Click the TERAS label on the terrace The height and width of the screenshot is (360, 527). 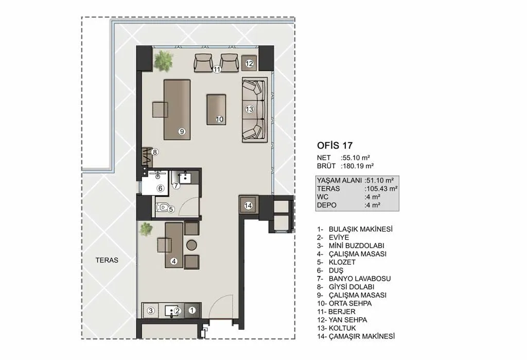pyautogui.click(x=107, y=260)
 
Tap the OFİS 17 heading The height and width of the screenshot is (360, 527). pyautogui.click(x=335, y=146)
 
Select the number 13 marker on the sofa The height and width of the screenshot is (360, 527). pyautogui.click(x=249, y=109)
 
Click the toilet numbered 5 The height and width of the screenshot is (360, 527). pyautogui.click(x=162, y=207)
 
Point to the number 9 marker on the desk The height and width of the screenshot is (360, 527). pyautogui.click(x=182, y=131)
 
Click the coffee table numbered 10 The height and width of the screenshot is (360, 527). pyautogui.click(x=216, y=110)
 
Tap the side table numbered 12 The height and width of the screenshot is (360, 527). pyautogui.click(x=250, y=63)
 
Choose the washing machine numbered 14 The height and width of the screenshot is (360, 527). pyautogui.click(x=249, y=205)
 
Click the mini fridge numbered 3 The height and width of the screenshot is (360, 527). pyautogui.click(x=151, y=311)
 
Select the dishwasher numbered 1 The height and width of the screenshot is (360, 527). pyautogui.click(x=192, y=310)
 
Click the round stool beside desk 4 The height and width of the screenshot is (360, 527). pyautogui.click(x=191, y=245)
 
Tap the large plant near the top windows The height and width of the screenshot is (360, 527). pyautogui.click(x=163, y=61)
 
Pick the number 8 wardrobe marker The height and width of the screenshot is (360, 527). pyautogui.click(x=154, y=152)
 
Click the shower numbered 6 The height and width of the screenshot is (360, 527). pyautogui.click(x=155, y=183)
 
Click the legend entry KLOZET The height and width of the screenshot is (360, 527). pyautogui.click(x=342, y=262)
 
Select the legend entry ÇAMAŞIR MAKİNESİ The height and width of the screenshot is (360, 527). pyautogui.click(x=362, y=336)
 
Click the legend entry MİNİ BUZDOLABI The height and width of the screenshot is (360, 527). pyautogui.click(x=356, y=245)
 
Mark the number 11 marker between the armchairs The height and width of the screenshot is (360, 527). pyautogui.click(x=217, y=69)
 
